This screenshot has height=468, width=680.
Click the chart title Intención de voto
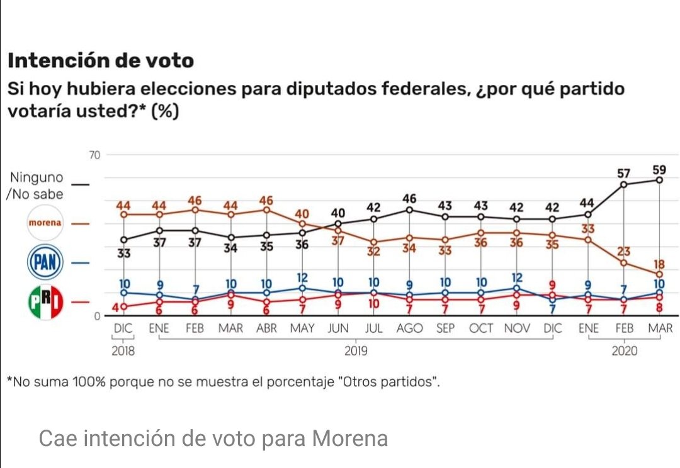101,61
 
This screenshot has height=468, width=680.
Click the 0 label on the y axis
98,316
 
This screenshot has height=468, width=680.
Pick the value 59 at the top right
659,169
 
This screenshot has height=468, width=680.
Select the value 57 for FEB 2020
623,173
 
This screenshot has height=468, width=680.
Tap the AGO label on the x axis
409,328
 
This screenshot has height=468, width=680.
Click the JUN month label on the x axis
338,328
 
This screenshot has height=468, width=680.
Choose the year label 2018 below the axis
123,351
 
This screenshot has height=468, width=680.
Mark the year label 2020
624,351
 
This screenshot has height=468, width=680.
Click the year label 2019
356,351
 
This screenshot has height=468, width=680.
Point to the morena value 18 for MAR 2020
659,264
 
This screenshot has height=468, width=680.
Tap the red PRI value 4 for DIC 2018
115,307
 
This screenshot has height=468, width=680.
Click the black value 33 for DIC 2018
123,252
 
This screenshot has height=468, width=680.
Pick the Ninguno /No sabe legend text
35,186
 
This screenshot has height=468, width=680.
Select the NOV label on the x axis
517,328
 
